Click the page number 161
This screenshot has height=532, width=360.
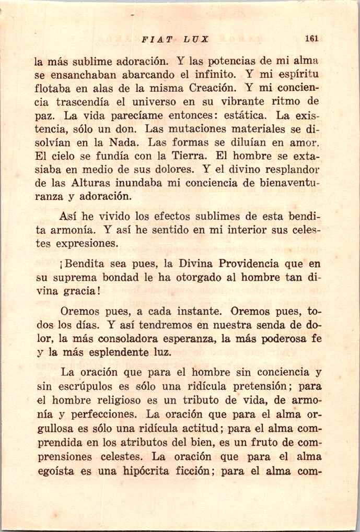coord(312,38)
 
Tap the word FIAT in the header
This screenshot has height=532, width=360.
coord(155,39)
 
